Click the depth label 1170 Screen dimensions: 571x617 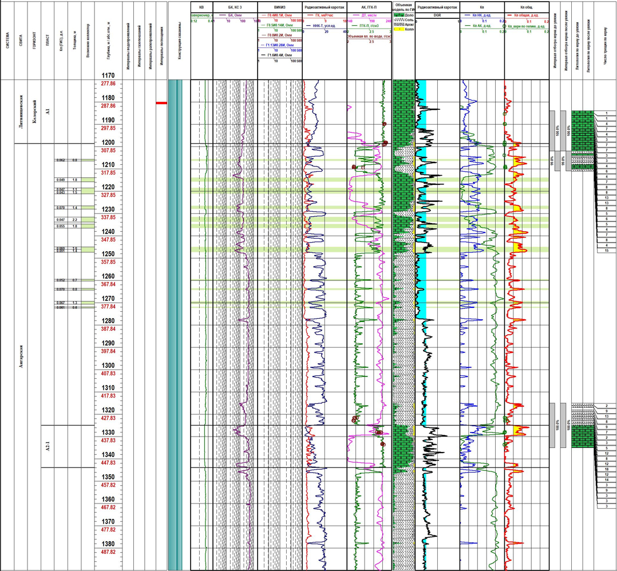tap(108, 76)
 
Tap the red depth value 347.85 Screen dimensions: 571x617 tap(108, 240)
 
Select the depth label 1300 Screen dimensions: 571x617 tap(108, 366)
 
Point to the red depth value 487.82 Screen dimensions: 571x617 tap(108, 552)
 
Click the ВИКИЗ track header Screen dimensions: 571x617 tap(280, 7)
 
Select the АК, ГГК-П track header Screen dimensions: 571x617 tap(369, 7)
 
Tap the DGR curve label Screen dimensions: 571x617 tap(437, 15)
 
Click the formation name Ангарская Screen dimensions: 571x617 tap(21, 361)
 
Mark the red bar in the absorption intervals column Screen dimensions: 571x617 tap(161, 103)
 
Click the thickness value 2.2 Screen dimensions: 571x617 tap(74, 220)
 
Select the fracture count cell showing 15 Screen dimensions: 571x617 tap(606, 251)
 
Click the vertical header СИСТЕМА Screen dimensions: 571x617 tap(7, 43)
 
